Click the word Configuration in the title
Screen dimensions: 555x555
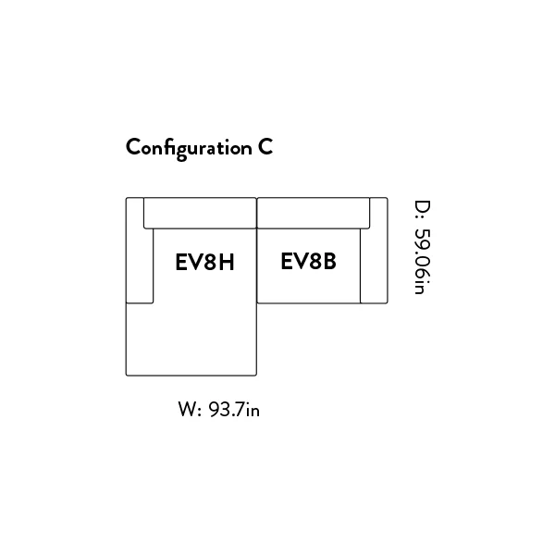click(x=189, y=149)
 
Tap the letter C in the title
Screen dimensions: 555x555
click(x=265, y=147)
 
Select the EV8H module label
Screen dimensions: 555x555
click(x=204, y=263)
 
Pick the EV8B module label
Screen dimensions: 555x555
click(x=308, y=261)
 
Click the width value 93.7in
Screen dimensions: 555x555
click(x=234, y=410)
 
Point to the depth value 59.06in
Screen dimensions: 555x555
click(x=423, y=261)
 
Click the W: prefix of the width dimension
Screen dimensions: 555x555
click(x=190, y=410)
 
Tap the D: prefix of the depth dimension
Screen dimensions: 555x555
click(x=423, y=212)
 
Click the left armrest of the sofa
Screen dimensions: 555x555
click(x=140, y=251)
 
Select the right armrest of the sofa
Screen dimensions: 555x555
click(x=374, y=251)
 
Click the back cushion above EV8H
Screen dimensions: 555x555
click(x=200, y=213)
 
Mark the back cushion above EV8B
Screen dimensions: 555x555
click(x=314, y=213)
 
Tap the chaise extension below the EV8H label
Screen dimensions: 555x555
click(x=191, y=339)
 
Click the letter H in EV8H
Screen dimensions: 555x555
click(x=227, y=263)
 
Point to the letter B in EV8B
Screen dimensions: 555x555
click(x=329, y=261)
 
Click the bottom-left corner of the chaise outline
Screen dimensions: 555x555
click(x=127, y=376)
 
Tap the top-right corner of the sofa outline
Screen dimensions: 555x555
click(x=388, y=198)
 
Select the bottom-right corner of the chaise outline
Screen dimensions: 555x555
click(x=256, y=376)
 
